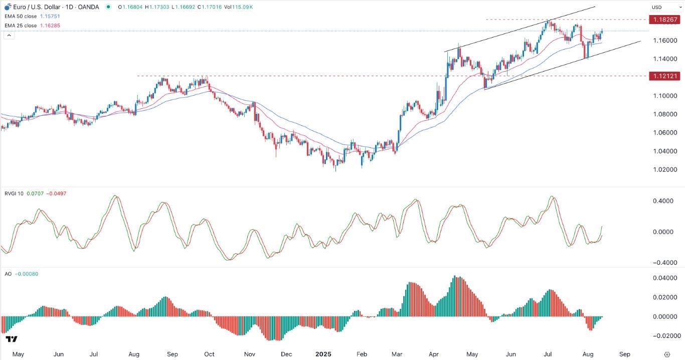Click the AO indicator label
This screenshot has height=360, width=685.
[7, 274]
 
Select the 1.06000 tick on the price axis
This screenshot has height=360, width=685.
[662, 133]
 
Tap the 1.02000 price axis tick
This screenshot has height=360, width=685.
[662, 170]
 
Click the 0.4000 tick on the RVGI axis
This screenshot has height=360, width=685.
[663, 201]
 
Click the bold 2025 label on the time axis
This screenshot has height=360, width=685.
[323, 354]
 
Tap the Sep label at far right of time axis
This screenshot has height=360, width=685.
[625, 354]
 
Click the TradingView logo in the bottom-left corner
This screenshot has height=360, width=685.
[13, 339]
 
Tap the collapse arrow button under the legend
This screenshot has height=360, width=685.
[8, 35]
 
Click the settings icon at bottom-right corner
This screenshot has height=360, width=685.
[667, 354]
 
